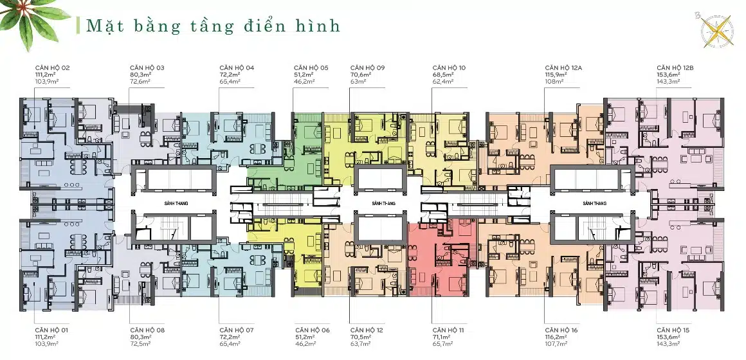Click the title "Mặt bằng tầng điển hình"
tap(213, 26)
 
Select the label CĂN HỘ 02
tap(52, 67)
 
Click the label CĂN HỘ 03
tap(147, 67)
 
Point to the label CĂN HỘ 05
tap(311, 67)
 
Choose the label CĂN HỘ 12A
tap(563, 67)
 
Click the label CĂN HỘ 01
tap(52, 330)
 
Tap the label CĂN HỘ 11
tap(448, 330)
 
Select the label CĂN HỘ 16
tap(561, 330)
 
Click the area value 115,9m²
tap(556, 75)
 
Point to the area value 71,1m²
tap(443, 337)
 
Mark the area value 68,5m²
tap(443, 75)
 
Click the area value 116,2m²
tap(556, 337)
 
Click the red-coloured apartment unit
tap(442, 257)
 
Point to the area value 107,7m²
tap(556, 345)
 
